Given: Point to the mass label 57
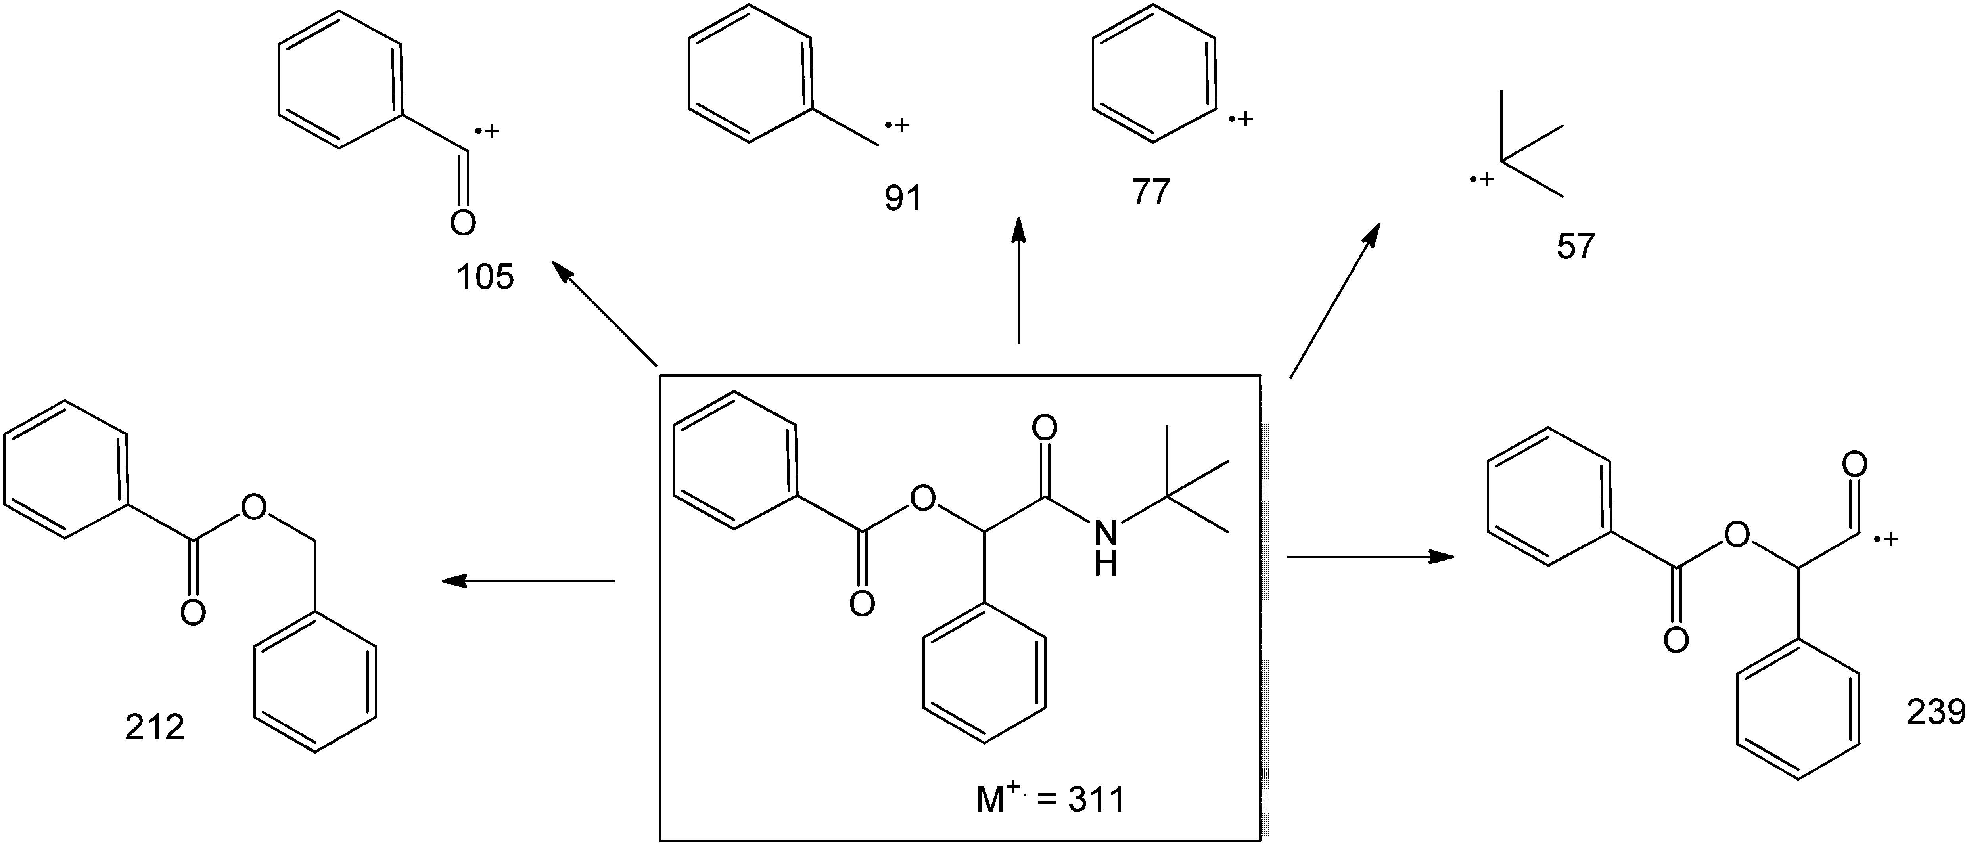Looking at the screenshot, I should click(x=1576, y=246).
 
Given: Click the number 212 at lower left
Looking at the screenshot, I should click(x=155, y=727).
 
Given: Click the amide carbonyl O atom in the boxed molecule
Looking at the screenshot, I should click(x=1045, y=428).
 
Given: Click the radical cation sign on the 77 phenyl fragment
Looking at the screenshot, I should click(x=1241, y=119).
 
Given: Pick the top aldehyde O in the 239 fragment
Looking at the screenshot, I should click(x=1855, y=464).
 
